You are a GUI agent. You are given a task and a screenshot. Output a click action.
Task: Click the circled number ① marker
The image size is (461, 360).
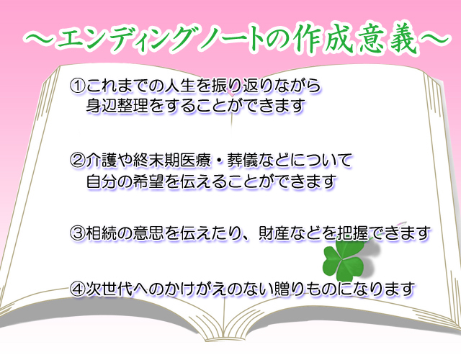pyautogui.click(x=78, y=86)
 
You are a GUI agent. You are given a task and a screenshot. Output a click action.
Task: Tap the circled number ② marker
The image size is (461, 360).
pyautogui.click(x=78, y=160)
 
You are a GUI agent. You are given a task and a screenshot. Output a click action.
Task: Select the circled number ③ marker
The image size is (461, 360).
pyautogui.click(x=78, y=233)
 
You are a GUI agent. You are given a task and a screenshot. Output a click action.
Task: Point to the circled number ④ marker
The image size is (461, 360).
pyautogui.click(x=78, y=289)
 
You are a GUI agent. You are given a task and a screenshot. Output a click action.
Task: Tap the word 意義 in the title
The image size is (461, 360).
pyautogui.click(x=388, y=40)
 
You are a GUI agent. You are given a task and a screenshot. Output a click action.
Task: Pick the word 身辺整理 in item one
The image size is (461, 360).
pyautogui.click(x=117, y=106)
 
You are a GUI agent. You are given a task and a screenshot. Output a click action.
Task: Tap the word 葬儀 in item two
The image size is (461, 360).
pyautogui.click(x=243, y=160)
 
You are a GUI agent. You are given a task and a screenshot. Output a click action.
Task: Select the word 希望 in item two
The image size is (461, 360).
pyautogui.click(x=148, y=181)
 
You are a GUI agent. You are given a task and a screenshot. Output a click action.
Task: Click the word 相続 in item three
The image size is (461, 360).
pyautogui.click(x=102, y=233)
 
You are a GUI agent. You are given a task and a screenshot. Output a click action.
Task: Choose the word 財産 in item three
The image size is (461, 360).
pyautogui.click(x=274, y=233)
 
